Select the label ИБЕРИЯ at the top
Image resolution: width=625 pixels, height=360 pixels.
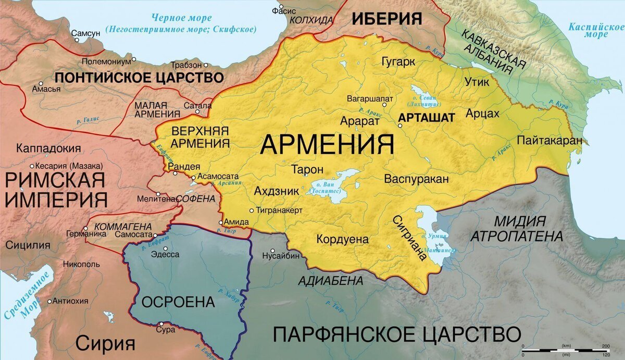click(x=386, y=19)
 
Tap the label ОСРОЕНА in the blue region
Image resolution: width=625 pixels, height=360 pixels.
click(x=178, y=302)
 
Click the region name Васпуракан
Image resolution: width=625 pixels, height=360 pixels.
click(x=416, y=179)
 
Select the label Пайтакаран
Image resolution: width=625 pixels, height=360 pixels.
click(x=549, y=140)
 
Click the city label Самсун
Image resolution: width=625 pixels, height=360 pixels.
click(x=85, y=33)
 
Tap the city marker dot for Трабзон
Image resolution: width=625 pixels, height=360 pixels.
click(x=206, y=66)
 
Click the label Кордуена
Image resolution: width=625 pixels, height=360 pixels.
click(x=342, y=240)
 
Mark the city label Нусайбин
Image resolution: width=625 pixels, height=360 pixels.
click(x=281, y=256)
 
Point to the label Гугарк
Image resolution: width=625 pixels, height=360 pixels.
click(x=398, y=62)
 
